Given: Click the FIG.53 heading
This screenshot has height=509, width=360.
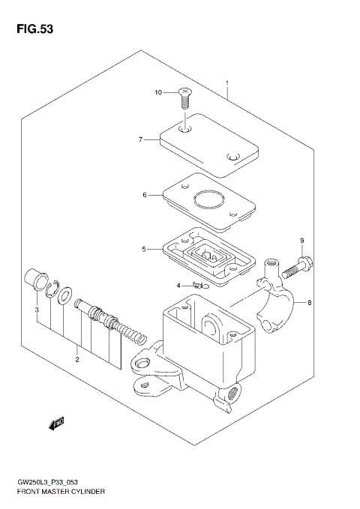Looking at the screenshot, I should tap(31, 29).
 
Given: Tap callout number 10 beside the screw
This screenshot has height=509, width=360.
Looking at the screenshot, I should tap(158, 93).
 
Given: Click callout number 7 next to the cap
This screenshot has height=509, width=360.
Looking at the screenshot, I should tap(140, 139).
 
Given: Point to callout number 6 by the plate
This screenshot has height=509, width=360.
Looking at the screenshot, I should tap(144, 195).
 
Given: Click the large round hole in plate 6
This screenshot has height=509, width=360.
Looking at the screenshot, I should tap(208, 200).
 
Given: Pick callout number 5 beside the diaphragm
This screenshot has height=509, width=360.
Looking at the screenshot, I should tap(144, 249).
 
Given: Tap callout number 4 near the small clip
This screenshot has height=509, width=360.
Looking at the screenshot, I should tap(179, 286).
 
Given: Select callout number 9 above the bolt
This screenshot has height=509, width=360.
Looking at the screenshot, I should tap(302, 241).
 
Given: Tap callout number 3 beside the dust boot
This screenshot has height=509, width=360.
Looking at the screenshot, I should tap(35, 310).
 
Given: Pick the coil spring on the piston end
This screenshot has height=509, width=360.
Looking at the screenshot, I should tap(133, 332).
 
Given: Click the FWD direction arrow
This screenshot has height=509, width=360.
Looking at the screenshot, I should tap(56, 424).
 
